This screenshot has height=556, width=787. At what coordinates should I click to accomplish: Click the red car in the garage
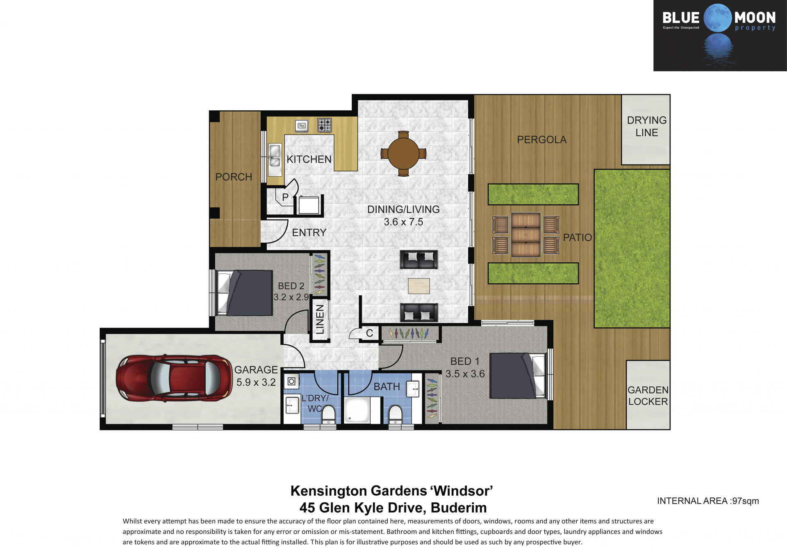click(x=174, y=378)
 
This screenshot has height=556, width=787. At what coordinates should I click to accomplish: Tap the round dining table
click(x=403, y=153)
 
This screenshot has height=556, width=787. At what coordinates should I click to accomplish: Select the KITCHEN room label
click(x=309, y=159)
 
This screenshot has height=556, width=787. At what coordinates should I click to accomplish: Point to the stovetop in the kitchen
click(x=325, y=125)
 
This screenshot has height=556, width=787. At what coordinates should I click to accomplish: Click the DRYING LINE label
click(x=646, y=126)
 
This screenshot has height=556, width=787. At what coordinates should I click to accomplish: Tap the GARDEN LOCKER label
click(x=648, y=396)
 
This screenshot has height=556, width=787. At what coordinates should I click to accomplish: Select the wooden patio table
click(x=525, y=235)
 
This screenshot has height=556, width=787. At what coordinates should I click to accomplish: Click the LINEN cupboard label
click(x=320, y=319)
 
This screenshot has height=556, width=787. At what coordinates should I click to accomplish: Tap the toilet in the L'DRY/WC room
click(x=328, y=414)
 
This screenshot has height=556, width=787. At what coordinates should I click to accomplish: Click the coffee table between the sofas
click(x=419, y=286)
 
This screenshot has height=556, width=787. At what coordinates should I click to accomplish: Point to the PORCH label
click(x=234, y=177)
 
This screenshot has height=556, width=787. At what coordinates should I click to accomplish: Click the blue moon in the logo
click(x=718, y=18)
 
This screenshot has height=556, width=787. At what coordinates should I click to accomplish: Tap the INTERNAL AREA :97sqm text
click(x=708, y=501)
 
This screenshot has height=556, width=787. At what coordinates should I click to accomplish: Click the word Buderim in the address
click(x=459, y=508)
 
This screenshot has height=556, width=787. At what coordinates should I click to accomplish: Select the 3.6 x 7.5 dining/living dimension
click(x=403, y=222)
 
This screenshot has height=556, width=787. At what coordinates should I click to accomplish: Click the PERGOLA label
click(x=541, y=139)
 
